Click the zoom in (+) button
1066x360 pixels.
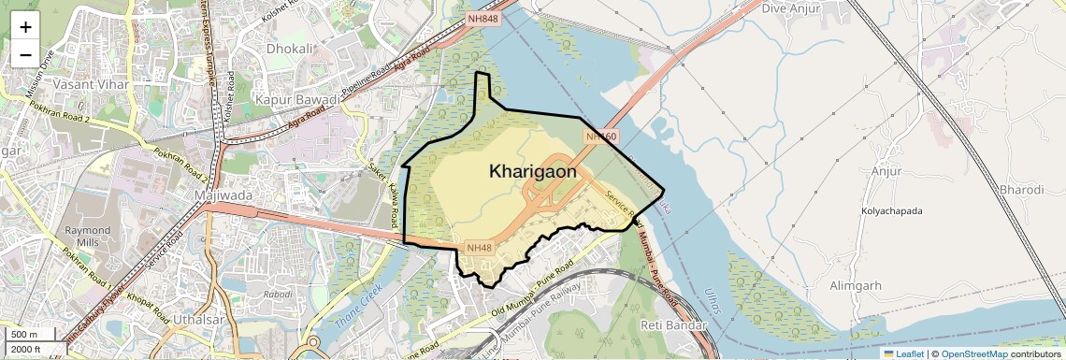(x=25, y=27)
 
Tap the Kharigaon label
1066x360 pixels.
(x=532, y=172)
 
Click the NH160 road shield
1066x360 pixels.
(x=601, y=137)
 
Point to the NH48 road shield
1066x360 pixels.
(x=478, y=248)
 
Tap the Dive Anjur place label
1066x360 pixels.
(x=790, y=8)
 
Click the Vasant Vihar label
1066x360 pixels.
(x=83, y=84)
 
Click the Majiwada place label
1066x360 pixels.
(x=221, y=195)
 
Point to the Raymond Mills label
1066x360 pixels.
(x=87, y=236)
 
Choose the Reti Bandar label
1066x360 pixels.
(x=670, y=324)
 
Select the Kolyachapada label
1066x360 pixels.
(x=891, y=211)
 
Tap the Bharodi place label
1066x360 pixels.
(x=1021, y=190)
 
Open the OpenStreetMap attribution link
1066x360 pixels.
(x=974, y=353)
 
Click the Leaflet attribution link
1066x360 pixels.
(x=909, y=353)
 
